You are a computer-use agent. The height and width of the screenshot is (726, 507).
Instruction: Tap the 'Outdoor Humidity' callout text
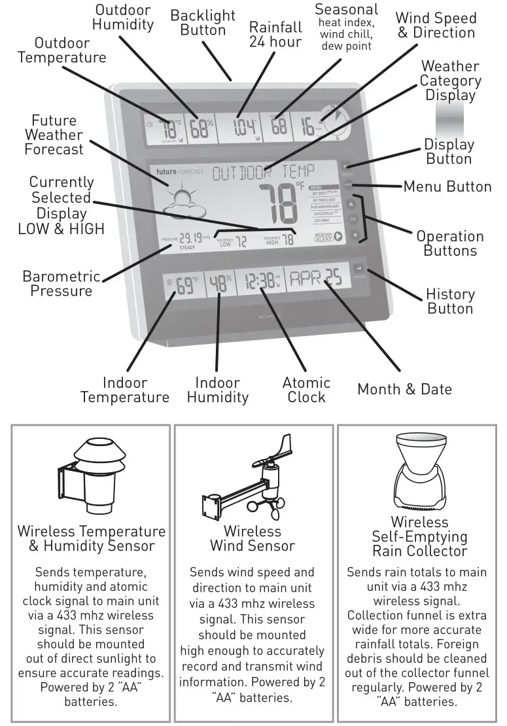click(x=123, y=18)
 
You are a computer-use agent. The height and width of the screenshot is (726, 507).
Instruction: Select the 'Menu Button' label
click(x=447, y=187)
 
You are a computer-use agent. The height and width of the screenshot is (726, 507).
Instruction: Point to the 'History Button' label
click(x=450, y=302)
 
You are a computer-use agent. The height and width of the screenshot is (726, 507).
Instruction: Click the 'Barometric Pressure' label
click(x=61, y=284)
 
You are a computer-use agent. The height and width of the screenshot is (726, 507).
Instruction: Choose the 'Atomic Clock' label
click(x=306, y=390)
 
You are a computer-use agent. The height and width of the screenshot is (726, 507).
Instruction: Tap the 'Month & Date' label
click(x=404, y=390)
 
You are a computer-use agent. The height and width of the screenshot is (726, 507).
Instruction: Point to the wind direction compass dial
click(x=335, y=122)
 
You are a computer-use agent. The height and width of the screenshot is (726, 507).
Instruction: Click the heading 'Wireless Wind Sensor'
click(x=253, y=538)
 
